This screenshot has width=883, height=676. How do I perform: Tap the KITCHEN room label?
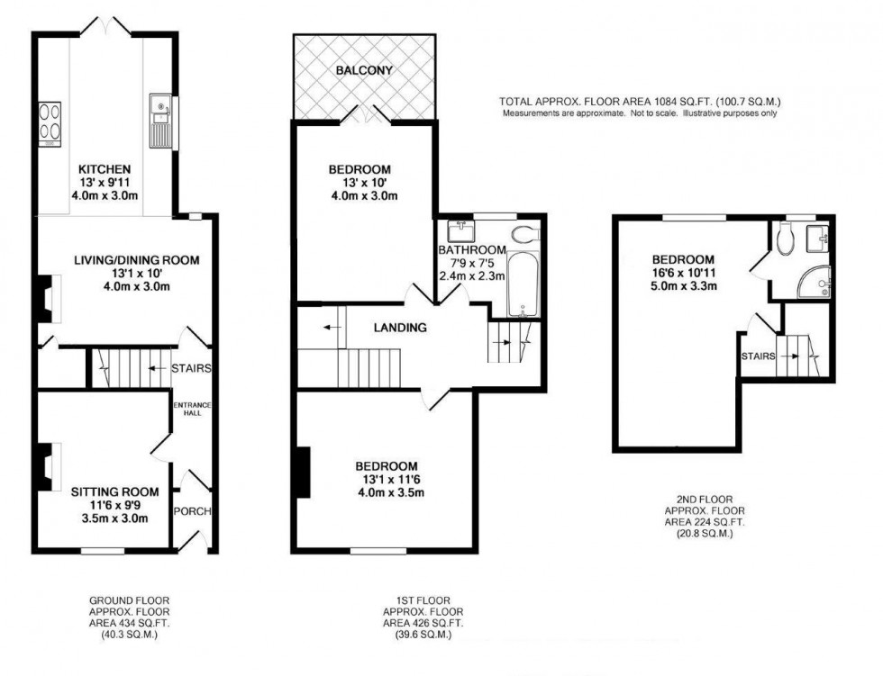coord(105,169)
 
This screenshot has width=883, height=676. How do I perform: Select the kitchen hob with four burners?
coord(49,125)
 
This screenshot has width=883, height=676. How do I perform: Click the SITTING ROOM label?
coord(115,491)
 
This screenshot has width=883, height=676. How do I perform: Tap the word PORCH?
coord(194,511)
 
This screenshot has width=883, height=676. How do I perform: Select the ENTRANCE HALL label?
coord(192,410)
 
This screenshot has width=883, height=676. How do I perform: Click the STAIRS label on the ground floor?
coord(191,367)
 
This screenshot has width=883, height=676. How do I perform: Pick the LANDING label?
coord(400,328)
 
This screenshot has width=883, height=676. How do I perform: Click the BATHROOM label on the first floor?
coord(471,249)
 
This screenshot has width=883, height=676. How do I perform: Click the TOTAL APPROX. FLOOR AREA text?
coord(640,102)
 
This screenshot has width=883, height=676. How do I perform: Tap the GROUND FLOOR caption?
coord(129,599)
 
